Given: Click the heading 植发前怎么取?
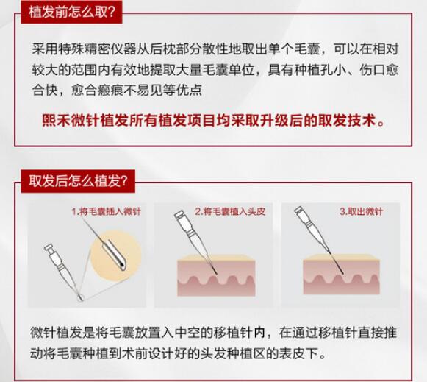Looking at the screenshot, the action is pyautogui.click(x=72, y=13).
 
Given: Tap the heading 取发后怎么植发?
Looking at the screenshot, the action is pyautogui.click(x=78, y=181).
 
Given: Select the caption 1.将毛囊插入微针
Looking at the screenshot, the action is pyautogui.click(x=107, y=211).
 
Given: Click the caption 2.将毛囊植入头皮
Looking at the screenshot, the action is pyautogui.click(x=230, y=211).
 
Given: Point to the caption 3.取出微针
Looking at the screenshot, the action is pyautogui.click(x=361, y=211).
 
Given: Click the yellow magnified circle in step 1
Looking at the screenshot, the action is pyautogui.click(x=116, y=255).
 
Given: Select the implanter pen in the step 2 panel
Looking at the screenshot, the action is pyautogui.click(x=195, y=241).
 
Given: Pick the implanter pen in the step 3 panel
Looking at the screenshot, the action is pyautogui.click(x=318, y=239).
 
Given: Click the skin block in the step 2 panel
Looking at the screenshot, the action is pyautogui.click(x=216, y=275).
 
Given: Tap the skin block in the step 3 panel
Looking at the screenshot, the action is pyautogui.click(x=342, y=275).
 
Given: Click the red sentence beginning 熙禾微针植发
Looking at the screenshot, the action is pyautogui.click(x=214, y=120).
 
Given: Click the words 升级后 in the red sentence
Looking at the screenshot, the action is pyautogui.click(x=280, y=120).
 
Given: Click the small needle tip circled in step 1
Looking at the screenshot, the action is pyautogui.click(x=80, y=297).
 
